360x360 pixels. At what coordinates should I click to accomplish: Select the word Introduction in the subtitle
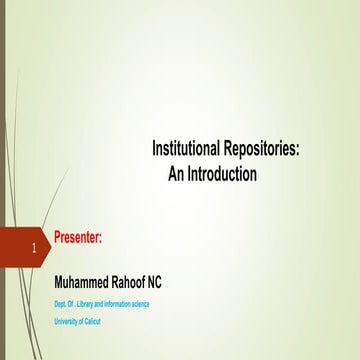(225, 173)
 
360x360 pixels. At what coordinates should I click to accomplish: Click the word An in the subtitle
(182, 173)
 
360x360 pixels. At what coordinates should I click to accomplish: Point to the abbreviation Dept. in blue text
(60, 304)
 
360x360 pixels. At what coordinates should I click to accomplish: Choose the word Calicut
(93, 321)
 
